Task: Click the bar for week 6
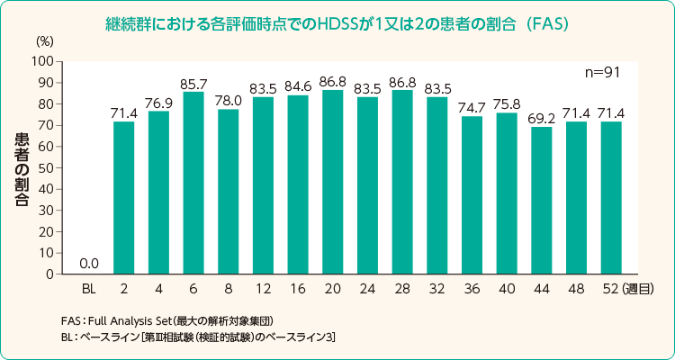point(193,183)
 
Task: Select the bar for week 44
point(542,200)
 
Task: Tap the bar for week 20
point(332,182)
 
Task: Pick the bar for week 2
point(124,198)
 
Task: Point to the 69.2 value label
point(542,117)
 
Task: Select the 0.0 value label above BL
point(89,264)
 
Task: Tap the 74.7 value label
point(472,106)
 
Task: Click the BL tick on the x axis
point(89,289)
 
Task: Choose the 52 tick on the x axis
point(611,289)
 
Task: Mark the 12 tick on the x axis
point(263,289)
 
